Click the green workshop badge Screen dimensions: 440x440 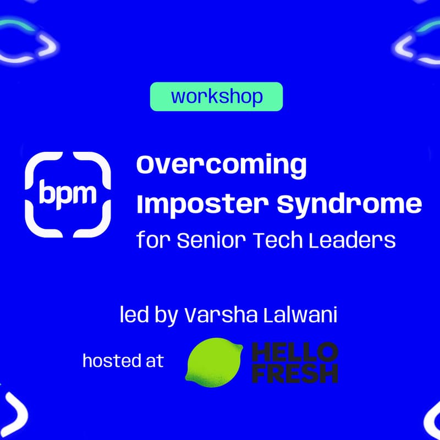click(216, 97)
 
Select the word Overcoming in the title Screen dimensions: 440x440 click(221, 166)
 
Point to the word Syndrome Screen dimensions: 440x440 click(349, 205)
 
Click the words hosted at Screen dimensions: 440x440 click(123, 361)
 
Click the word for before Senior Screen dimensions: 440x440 click(153, 240)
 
